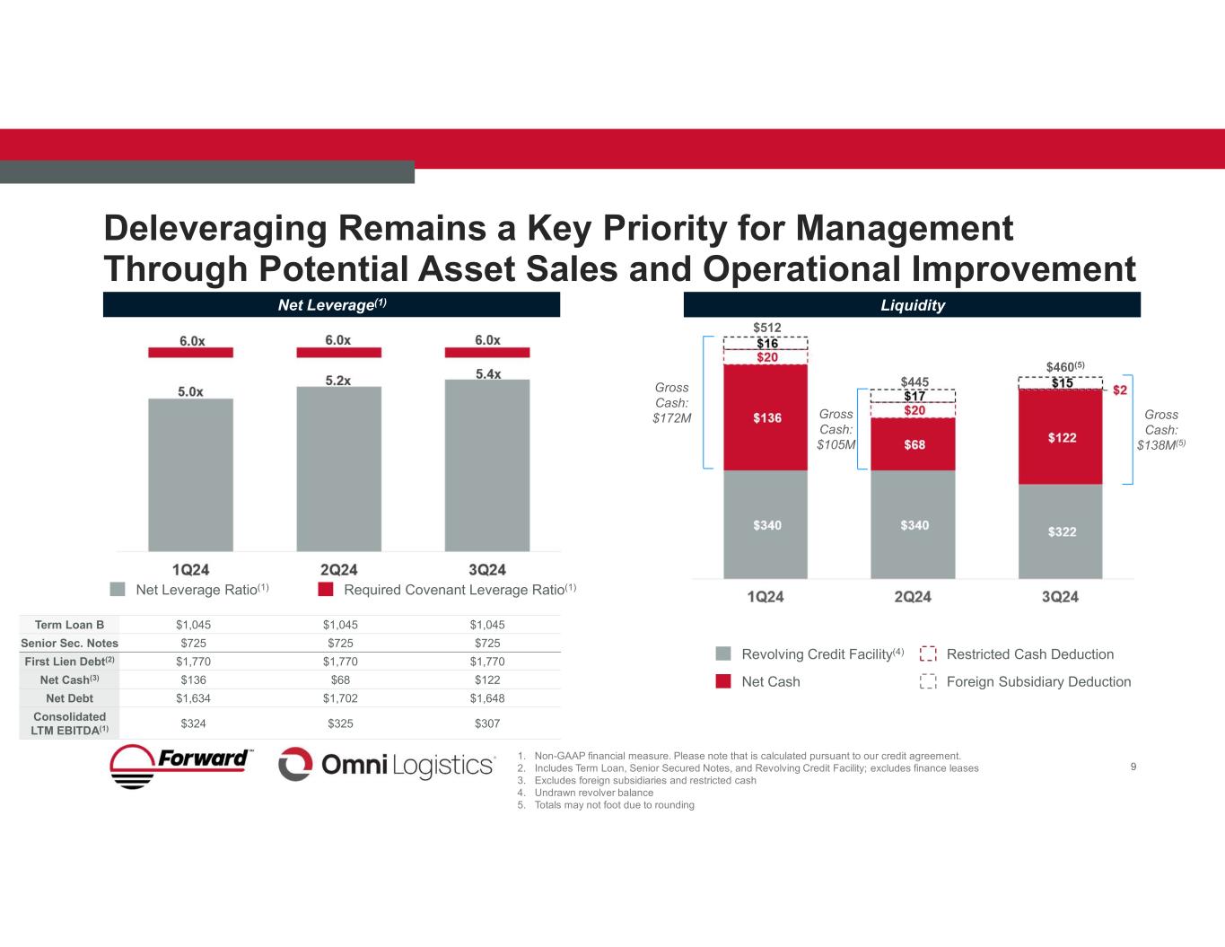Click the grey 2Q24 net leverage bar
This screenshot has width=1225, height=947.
click(x=338, y=469)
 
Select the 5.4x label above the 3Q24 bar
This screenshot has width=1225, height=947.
click(x=487, y=373)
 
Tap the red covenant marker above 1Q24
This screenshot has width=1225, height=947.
click(x=190, y=353)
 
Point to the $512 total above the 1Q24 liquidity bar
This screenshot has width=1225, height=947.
click(x=766, y=328)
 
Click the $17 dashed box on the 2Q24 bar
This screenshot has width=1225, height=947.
click(x=914, y=396)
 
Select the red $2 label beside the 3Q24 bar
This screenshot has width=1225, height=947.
click(x=1120, y=390)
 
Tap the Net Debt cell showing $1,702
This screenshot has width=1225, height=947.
click(x=339, y=697)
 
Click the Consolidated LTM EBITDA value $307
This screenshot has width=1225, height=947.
click(x=487, y=723)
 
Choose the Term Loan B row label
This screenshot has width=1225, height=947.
click(x=70, y=625)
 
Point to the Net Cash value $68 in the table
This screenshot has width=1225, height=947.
click(x=339, y=680)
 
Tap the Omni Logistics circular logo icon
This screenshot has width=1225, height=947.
click(x=294, y=765)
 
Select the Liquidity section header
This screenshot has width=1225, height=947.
click(x=912, y=305)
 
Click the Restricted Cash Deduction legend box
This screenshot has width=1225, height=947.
click(x=929, y=654)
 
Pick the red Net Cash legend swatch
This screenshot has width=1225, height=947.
click(x=723, y=681)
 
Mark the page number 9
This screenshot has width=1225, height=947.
click(x=1133, y=766)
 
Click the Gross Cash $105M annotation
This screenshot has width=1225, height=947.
click(x=836, y=429)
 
